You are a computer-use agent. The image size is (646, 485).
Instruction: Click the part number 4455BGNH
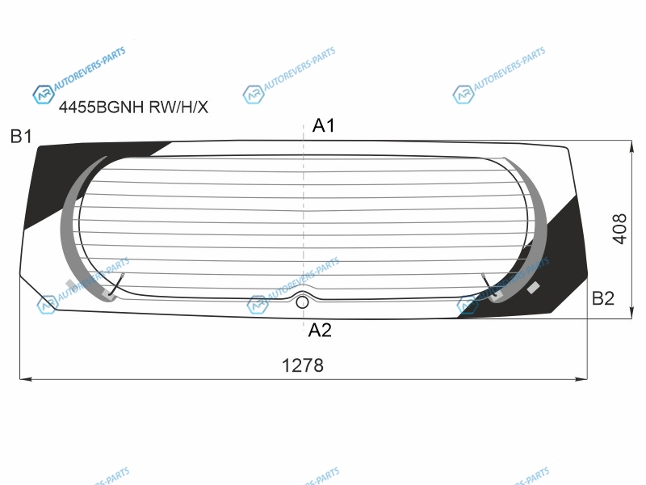pos(101,108)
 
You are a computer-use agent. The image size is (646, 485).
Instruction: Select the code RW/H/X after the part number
pos(178,108)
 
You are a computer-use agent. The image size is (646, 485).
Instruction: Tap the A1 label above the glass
pos(324,125)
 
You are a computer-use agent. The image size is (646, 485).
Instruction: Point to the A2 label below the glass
pos(320,331)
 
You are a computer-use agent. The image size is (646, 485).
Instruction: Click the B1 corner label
pos(21,137)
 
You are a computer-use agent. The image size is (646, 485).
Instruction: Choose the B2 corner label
pos(602,298)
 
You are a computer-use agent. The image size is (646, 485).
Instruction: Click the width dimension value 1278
pos(302,365)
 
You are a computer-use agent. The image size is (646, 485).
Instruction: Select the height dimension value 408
pos(619,229)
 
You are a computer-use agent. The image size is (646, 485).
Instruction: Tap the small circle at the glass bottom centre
pos(302,302)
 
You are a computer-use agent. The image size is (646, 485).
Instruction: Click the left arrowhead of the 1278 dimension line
pos(25,378)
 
